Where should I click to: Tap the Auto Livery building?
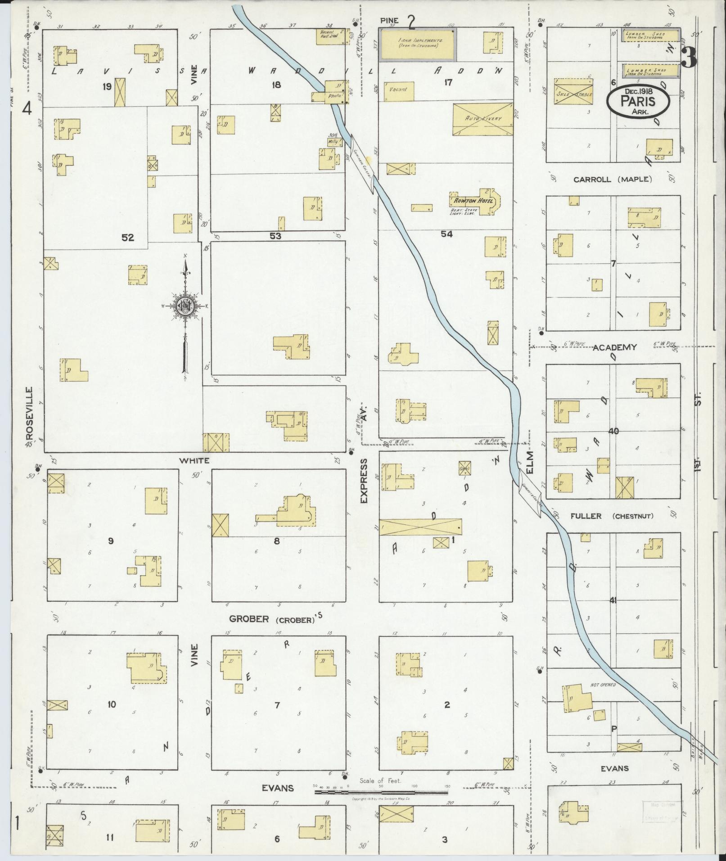[482, 119]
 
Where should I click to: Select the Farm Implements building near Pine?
[418, 44]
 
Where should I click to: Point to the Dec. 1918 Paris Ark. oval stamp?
[637, 102]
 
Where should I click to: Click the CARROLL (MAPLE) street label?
[612, 179]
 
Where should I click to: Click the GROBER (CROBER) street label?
[271, 619]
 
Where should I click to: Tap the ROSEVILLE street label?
[30, 413]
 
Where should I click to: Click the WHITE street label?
[194, 460]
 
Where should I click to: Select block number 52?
[128, 237]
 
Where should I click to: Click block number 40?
[613, 431]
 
